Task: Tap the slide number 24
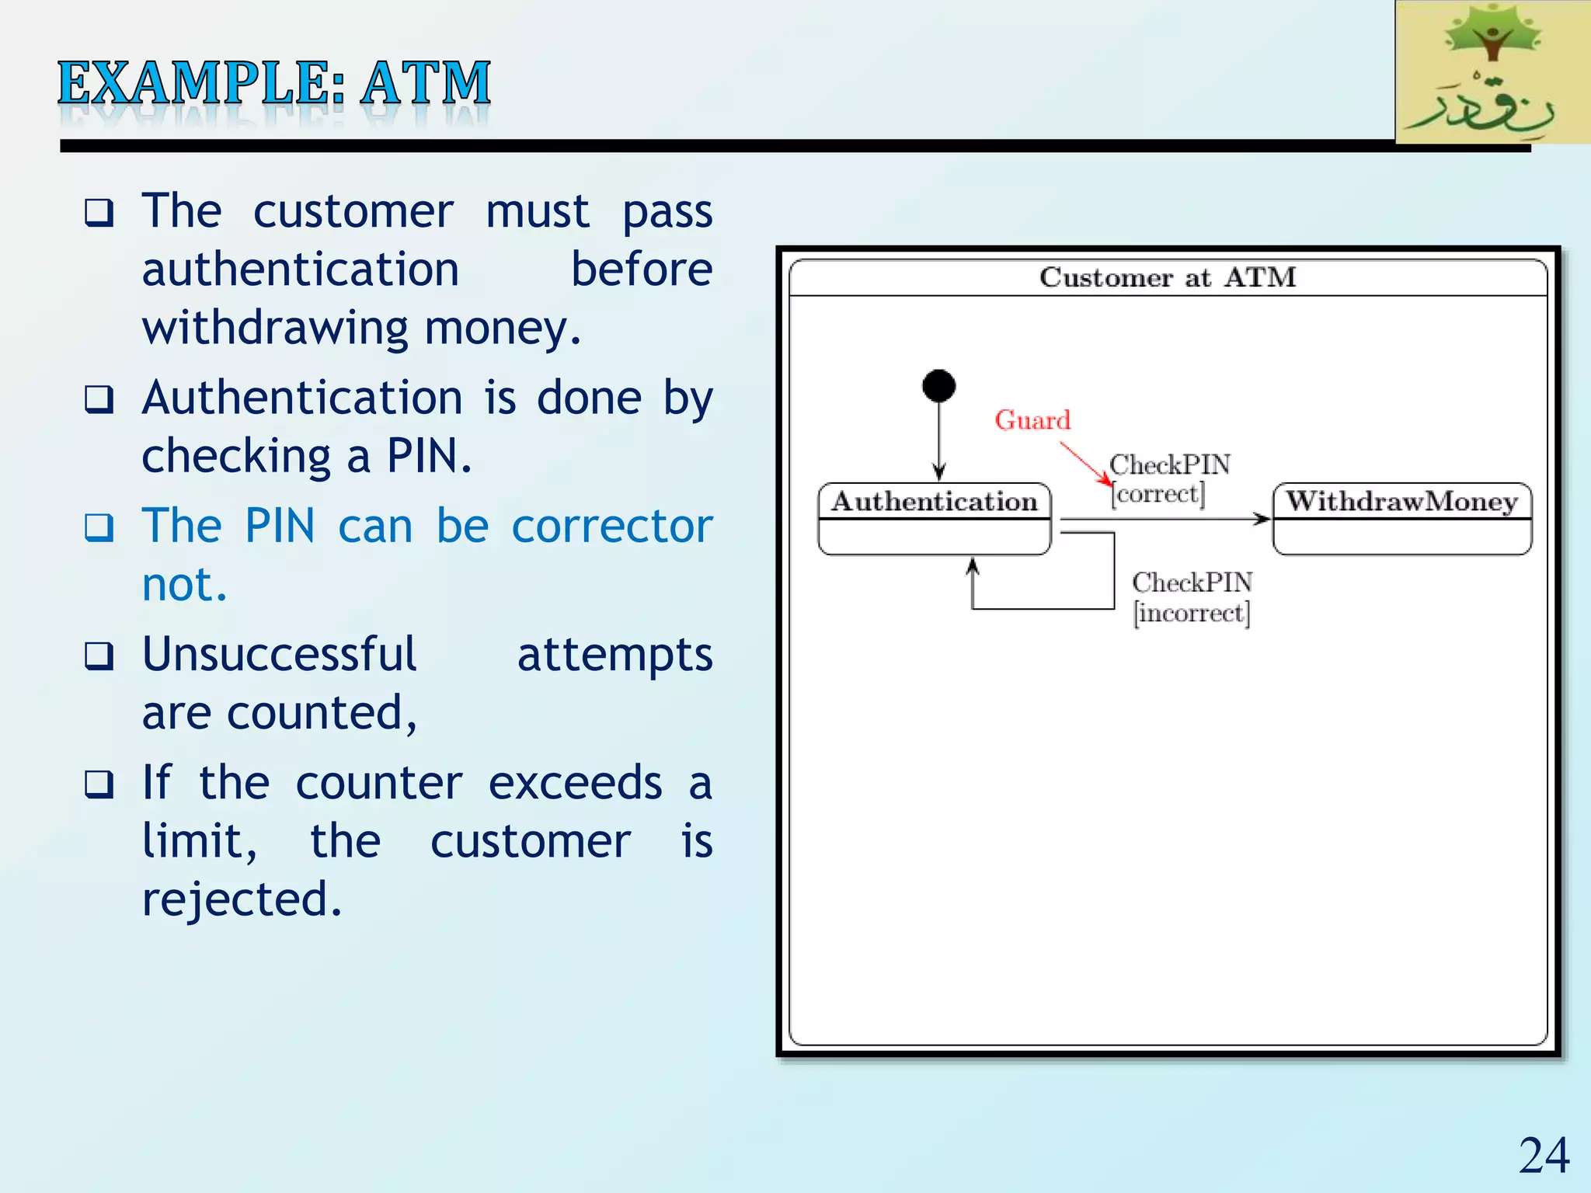(x=1544, y=1156)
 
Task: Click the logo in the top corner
(x=1492, y=72)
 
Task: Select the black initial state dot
(x=938, y=386)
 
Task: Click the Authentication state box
(x=935, y=518)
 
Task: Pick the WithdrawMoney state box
(x=1401, y=518)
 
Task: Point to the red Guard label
(x=1032, y=420)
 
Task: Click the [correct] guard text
(x=1158, y=494)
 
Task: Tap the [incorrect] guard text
(x=1192, y=614)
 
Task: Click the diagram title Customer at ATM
(x=1168, y=277)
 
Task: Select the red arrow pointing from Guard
(x=1085, y=463)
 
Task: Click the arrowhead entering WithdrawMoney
(x=1262, y=519)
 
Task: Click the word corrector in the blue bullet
(x=611, y=526)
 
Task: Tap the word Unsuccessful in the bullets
(x=280, y=654)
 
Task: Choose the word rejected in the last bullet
(x=242, y=899)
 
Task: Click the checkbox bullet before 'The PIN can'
(x=99, y=528)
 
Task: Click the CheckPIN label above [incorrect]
(x=1192, y=583)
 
